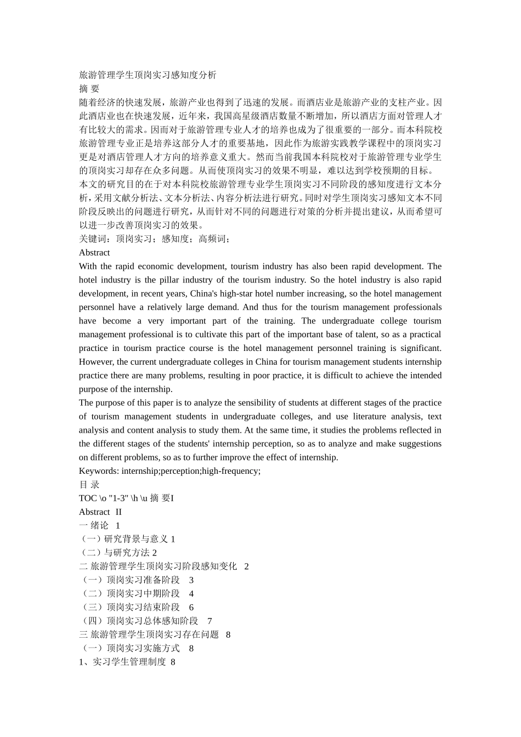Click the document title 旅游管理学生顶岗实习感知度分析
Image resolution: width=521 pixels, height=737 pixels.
coord(148,75)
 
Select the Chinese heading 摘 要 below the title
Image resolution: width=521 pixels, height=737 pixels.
coord(89,89)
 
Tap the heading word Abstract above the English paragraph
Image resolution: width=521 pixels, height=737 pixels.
coord(94,253)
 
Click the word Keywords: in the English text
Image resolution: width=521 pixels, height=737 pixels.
coord(99,471)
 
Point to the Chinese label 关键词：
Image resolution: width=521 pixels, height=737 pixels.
coord(97,239)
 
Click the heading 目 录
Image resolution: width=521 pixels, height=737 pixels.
coord(89,485)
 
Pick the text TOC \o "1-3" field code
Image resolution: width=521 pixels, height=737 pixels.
coord(112,498)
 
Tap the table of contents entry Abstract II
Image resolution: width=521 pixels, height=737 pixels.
coord(100,512)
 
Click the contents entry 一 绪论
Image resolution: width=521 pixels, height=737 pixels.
coord(94,525)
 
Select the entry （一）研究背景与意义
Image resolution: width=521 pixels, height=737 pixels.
coord(124,539)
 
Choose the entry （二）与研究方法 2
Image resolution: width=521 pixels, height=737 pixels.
coord(118,553)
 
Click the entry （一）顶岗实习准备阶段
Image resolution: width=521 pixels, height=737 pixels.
coord(129,580)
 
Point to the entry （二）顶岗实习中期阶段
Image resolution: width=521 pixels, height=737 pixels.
coord(129,594)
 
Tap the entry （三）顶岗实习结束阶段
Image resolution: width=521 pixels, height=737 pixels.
coord(129,608)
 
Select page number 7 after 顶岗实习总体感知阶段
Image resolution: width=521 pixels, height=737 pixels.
coord(209,621)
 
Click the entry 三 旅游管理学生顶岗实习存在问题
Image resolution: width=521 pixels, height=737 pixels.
coord(149,634)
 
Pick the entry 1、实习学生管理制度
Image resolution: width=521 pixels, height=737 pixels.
coord(122,662)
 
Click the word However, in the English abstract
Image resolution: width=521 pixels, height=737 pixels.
coord(97,362)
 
